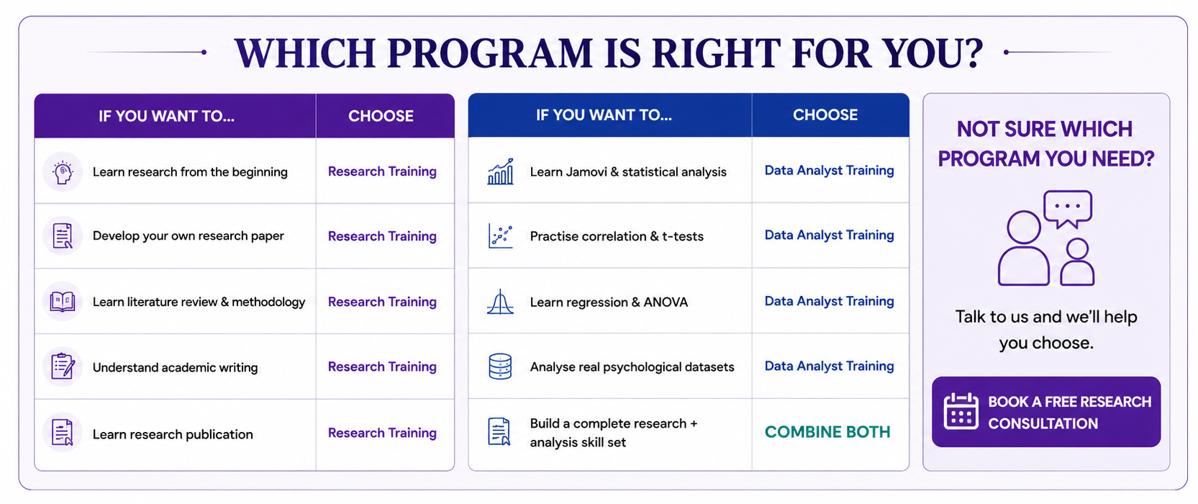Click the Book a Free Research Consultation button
[x=1046, y=412]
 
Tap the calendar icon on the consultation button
[x=961, y=411]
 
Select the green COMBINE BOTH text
[x=827, y=432]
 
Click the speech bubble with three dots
[x=1068, y=210]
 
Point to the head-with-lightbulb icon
[x=63, y=172]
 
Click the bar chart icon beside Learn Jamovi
[x=501, y=171]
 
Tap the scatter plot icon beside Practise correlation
[x=501, y=236]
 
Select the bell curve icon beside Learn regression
[x=500, y=302]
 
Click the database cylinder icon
[x=500, y=366]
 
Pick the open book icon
[x=63, y=302]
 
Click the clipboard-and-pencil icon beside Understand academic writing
[x=63, y=366]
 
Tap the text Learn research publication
[x=173, y=434]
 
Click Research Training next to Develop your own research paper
[x=382, y=236]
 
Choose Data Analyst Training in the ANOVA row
[x=829, y=301]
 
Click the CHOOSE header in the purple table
[x=381, y=116]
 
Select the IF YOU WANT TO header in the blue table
[x=604, y=115]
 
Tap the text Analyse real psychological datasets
[x=632, y=367]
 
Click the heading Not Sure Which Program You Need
[x=1046, y=143]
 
